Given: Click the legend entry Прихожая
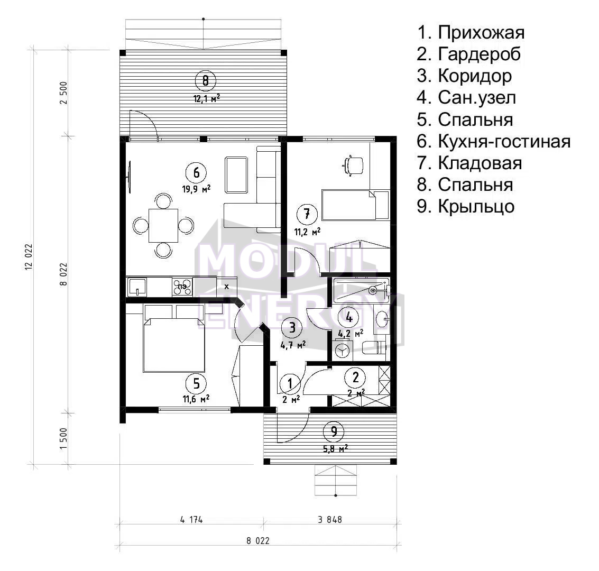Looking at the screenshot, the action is click(x=471, y=32).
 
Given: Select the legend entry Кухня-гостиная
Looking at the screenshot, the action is click(x=494, y=141).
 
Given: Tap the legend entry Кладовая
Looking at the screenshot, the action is click(x=469, y=163).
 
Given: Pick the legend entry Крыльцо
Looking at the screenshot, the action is click(x=466, y=207).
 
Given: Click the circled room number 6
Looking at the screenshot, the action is click(x=196, y=173).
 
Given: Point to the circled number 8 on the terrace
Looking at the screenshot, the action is click(x=206, y=80).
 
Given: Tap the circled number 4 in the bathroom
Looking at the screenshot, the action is click(x=349, y=317).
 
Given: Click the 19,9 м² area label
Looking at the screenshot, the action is click(x=196, y=189).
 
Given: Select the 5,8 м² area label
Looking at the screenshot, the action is click(x=335, y=449).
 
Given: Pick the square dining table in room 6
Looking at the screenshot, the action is click(x=163, y=225).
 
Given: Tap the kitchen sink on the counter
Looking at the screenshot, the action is click(x=137, y=287).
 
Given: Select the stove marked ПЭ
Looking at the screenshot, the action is click(x=182, y=287).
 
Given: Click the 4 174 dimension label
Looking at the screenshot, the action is click(x=191, y=519).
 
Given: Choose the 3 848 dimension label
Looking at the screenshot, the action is click(x=330, y=519).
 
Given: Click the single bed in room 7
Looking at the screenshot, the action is click(x=356, y=205).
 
